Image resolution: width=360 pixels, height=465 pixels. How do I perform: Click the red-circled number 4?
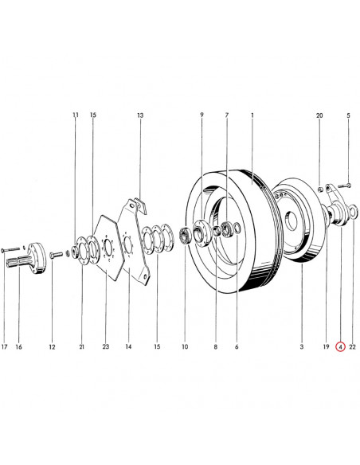click(x=340, y=346)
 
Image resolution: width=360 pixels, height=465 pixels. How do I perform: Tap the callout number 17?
click(x=4, y=346)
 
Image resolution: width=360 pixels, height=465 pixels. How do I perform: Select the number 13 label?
click(x=140, y=115)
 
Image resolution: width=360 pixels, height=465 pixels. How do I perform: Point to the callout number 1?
click(x=252, y=115)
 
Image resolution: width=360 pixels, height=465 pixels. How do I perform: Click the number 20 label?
click(x=319, y=115)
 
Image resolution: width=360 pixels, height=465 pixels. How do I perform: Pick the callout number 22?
click(x=352, y=346)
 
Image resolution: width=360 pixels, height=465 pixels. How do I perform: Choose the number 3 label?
click(x=302, y=346)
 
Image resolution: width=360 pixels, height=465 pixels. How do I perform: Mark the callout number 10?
click(x=185, y=346)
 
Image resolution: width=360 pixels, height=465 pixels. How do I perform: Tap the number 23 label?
click(x=106, y=346)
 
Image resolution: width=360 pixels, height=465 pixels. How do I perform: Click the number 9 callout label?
click(x=202, y=115)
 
